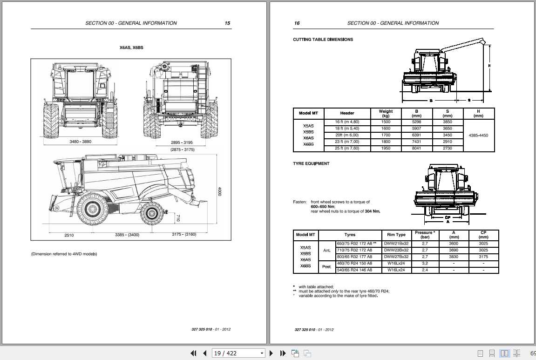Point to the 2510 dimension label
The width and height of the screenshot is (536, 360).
(69, 235)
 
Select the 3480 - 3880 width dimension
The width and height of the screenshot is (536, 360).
(80, 142)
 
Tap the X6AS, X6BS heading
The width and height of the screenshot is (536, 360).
(131, 48)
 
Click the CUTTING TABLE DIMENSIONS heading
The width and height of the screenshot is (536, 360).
(323, 40)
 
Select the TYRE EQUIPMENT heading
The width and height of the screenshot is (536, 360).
(311, 163)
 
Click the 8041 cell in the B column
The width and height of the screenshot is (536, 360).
(417, 149)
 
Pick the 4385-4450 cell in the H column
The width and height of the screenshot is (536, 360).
(479, 136)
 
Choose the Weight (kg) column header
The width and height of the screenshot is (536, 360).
(386, 113)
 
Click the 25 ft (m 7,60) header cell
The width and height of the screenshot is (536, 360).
(347, 149)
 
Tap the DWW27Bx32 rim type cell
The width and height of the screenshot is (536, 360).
(396, 257)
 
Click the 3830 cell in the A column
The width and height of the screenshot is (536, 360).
(454, 257)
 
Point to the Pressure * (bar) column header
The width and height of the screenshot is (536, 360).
(424, 235)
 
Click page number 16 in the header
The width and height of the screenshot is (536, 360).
(297, 23)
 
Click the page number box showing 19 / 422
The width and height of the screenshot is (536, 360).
(237, 353)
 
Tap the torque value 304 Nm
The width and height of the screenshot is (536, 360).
(372, 211)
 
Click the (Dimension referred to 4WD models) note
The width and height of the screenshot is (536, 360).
(64, 254)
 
